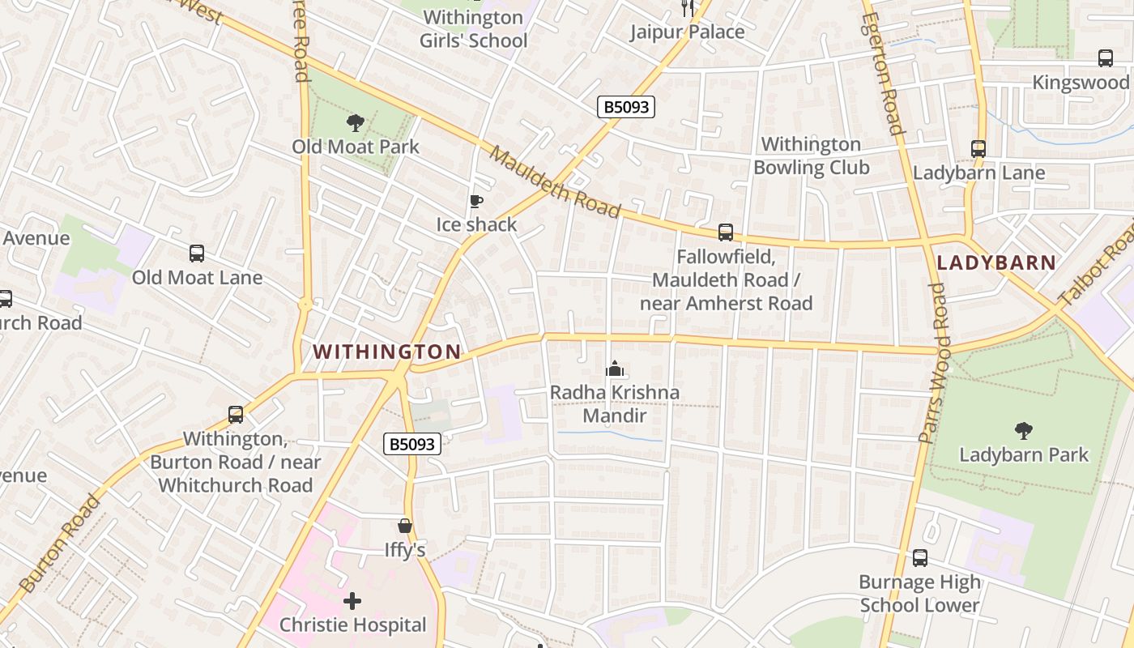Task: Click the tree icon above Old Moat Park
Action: coord(355,123)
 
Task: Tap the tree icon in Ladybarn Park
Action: coord(1024,430)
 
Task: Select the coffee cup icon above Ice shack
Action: coord(476,201)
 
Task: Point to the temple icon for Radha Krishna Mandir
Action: coord(615,369)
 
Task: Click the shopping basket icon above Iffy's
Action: coord(405,526)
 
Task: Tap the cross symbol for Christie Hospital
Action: coord(352,601)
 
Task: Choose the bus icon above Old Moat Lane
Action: coord(197,254)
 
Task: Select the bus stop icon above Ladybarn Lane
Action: coord(978,149)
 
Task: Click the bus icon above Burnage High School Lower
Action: coord(920,558)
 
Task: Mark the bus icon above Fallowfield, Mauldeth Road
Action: coord(726,232)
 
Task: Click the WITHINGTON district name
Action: coord(387,352)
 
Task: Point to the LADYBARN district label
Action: coord(996,262)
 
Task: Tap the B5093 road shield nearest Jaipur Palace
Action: coord(625,107)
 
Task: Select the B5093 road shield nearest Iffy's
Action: coord(411,444)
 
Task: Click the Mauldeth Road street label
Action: coord(556,183)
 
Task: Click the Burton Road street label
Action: coord(60,543)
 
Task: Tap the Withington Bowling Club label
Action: coord(811,156)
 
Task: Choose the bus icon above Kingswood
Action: coord(1106,58)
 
